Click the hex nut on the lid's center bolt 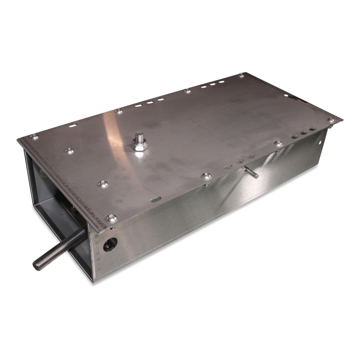point(139,145)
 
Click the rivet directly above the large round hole point(112,219)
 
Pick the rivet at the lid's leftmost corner point(34,137)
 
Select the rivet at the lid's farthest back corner point(241,76)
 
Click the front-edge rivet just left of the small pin point(207,176)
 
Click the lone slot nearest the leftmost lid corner point(74,124)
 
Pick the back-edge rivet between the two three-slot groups point(188,91)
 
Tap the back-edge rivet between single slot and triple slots point(119,111)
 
